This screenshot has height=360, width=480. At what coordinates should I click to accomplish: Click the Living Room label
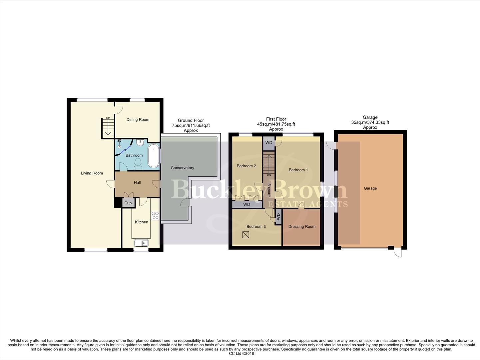pos(92,173)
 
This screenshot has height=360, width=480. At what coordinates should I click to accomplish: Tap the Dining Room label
pos(138,120)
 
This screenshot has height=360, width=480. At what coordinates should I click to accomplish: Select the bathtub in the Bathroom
pos(153,156)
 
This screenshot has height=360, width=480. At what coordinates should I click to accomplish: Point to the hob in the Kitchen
pos(155,216)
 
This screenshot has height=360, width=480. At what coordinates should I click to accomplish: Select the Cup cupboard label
pos(128,203)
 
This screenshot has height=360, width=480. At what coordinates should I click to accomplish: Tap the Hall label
pos(137,183)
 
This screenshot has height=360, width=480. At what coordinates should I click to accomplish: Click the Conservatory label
pos(182,168)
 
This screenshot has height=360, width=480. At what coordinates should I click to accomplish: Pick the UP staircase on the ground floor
pos(108,128)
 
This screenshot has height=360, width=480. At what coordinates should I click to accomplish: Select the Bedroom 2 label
pos(246,166)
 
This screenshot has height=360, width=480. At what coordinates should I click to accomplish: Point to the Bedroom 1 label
pos(298,170)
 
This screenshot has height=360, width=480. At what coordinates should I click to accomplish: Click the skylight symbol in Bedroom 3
pos(246,235)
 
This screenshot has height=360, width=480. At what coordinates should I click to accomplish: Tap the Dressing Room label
pos(302,227)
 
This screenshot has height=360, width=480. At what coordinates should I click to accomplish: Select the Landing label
pos(269,190)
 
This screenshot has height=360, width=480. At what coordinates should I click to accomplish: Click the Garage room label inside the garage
pos(370,188)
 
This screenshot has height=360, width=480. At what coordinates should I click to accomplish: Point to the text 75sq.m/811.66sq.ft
pos(191,125)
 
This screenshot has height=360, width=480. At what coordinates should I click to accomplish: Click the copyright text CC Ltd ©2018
pos(241,354)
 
